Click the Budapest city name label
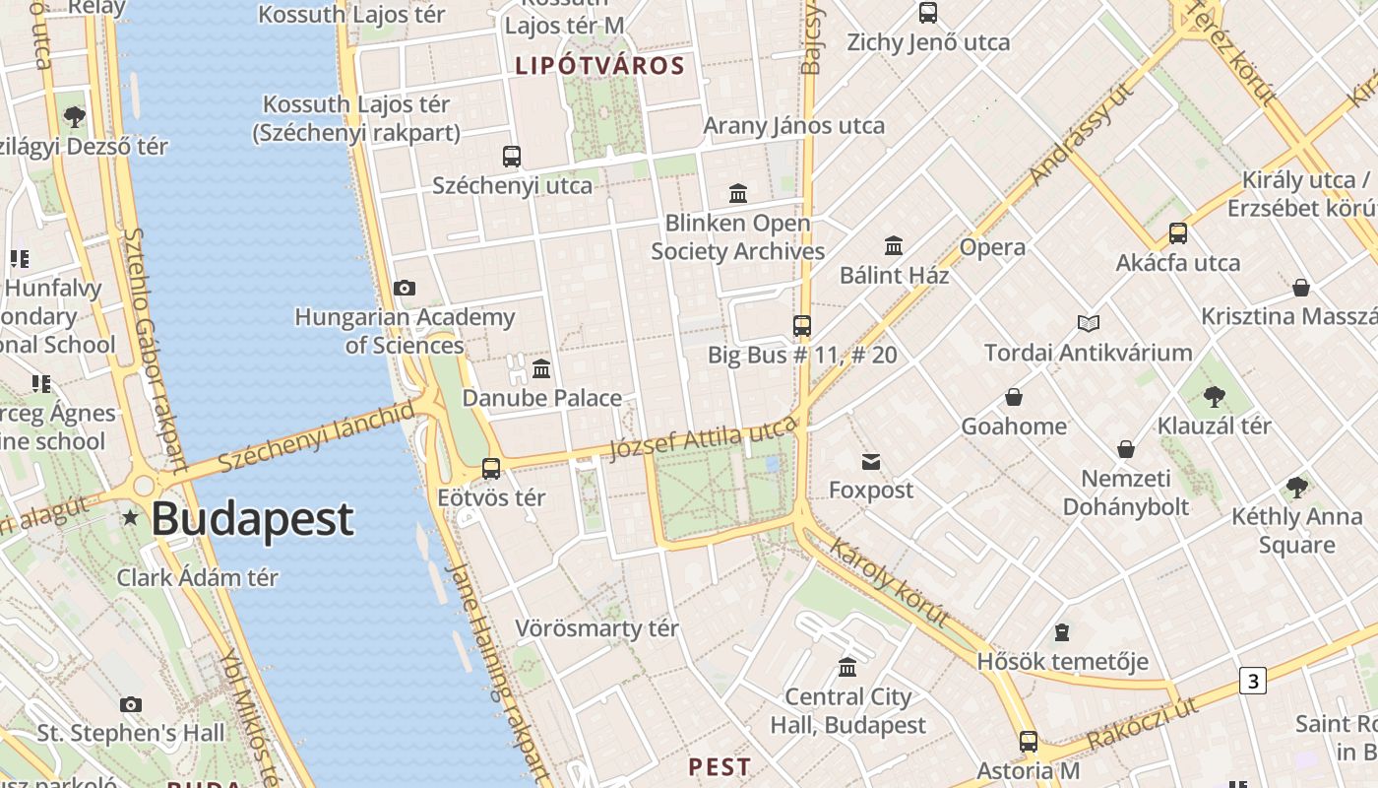(252, 519)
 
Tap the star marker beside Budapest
(130, 517)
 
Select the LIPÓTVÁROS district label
(599, 66)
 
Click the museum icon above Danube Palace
(541, 369)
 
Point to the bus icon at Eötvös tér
(491, 469)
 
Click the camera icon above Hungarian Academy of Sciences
(404, 288)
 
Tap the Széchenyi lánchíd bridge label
(316, 436)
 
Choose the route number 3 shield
(1252, 681)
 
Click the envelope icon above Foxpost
(871, 461)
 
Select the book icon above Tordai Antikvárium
(1088, 323)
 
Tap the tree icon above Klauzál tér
(1214, 397)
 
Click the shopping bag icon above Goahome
(1014, 397)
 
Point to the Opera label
(992, 247)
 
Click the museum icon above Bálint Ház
(894, 245)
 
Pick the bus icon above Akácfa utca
(1178, 233)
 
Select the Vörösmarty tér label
(597, 628)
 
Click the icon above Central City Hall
(847, 668)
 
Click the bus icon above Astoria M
(1029, 742)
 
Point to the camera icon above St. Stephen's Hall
(131, 704)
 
